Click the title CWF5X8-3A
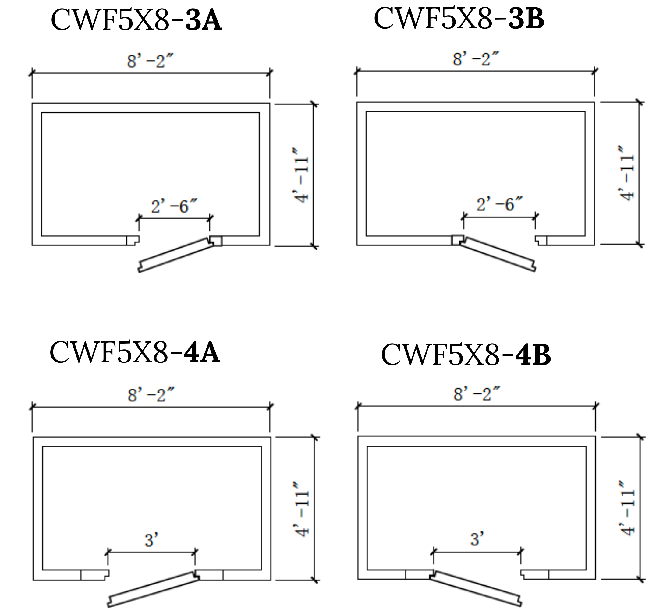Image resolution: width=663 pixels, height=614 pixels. [136, 21]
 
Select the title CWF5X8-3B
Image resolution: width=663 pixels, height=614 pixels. [459, 19]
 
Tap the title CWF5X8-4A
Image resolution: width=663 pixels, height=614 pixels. [135, 352]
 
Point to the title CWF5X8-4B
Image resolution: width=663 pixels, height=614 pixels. [466, 355]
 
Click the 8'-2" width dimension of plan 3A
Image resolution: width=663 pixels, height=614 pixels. [150, 61]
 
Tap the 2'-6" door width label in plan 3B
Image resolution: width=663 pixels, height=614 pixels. [499, 204]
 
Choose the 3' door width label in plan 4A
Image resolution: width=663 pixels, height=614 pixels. [151, 540]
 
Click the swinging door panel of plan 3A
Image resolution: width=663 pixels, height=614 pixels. [175, 255]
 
